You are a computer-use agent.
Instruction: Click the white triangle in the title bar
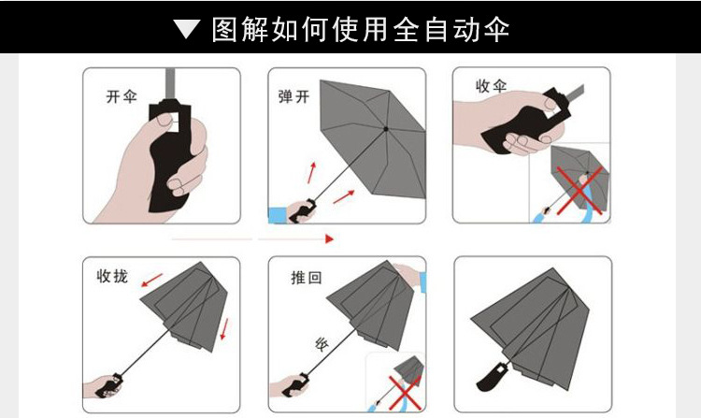pos(187,30)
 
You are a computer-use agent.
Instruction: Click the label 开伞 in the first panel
pos(122,96)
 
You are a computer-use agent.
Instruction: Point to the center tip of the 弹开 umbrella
pos(385,128)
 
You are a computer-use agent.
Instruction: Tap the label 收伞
pos(491,86)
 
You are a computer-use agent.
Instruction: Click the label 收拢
pos(112,277)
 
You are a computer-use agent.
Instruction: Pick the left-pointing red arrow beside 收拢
pos(152,280)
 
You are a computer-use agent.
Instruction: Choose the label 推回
pos(307,278)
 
